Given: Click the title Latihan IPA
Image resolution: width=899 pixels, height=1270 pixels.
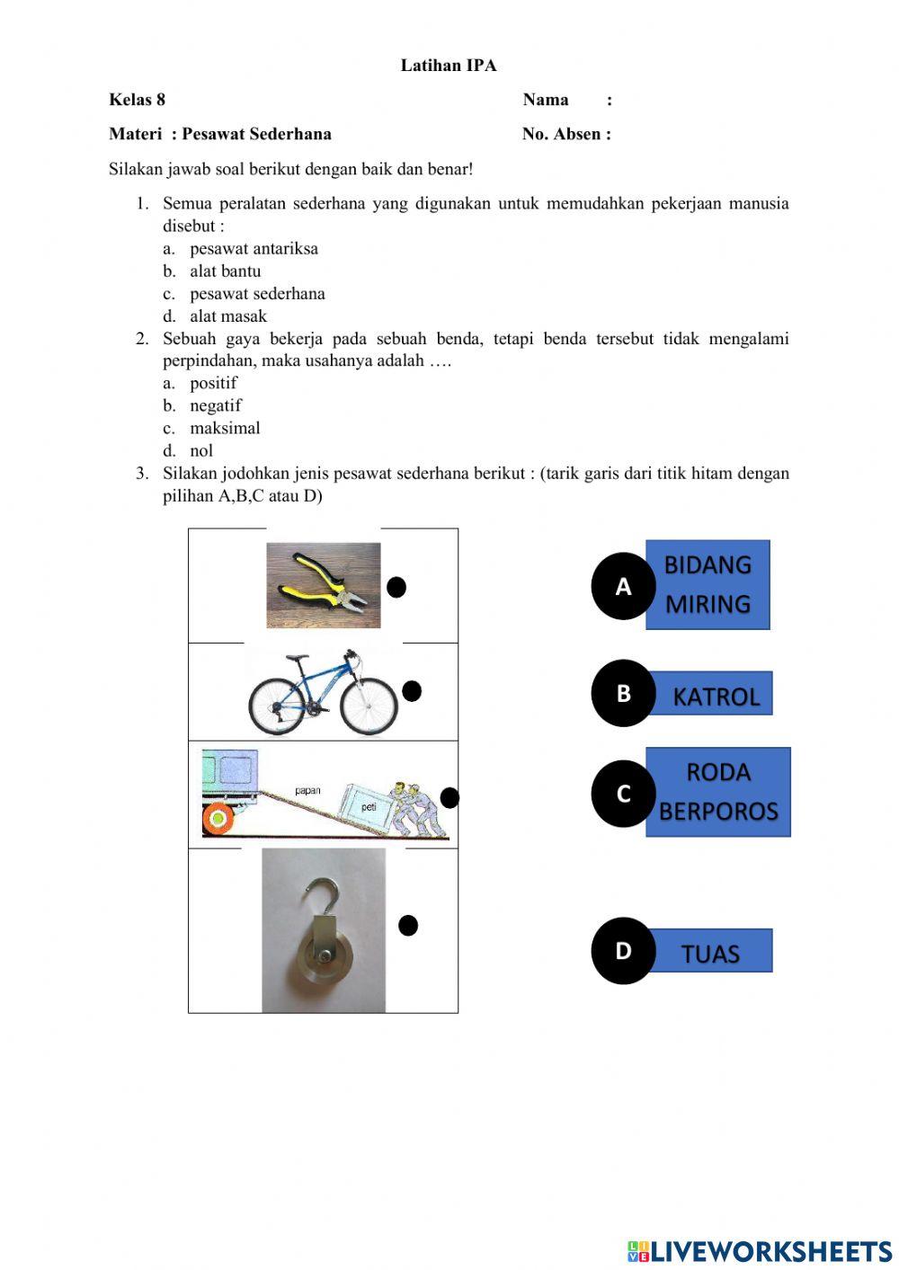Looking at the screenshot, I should pyautogui.click(x=449, y=66).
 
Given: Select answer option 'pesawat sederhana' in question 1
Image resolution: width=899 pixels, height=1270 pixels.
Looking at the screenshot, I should pyautogui.click(x=256, y=294).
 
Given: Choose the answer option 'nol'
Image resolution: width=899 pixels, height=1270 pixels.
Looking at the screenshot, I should pyautogui.click(x=200, y=451).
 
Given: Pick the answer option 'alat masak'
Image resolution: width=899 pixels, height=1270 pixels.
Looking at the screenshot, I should pyautogui.click(x=227, y=316).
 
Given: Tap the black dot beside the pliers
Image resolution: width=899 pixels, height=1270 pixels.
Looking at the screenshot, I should pyautogui.click(x=396, y=587).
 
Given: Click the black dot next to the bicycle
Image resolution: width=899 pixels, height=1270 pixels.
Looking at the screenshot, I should pyautogui.click(x=412, y=690).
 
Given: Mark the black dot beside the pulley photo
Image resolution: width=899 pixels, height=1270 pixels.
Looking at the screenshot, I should pyautogui.click(x=408, y=925).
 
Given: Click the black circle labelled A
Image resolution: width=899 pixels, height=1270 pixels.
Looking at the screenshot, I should pyautogui.click(x=623, y=587).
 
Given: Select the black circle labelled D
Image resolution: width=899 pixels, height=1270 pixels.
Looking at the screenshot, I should pyautogui.click(x=623, y=950).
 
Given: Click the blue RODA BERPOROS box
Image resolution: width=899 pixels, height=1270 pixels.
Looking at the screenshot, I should pyautogui.click(x=717, y=792).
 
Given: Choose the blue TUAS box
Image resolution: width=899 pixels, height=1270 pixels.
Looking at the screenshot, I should pyautogui.click(x=710, y=952).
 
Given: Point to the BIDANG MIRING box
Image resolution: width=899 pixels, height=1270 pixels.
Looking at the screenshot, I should pyautogui.click(x=708, y=584).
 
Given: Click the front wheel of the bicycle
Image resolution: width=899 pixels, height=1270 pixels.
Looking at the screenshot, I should pyautogui.click(x=369, y=705).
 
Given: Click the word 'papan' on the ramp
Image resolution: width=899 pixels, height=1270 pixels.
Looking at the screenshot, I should pyautogui.click(x=307, y=791).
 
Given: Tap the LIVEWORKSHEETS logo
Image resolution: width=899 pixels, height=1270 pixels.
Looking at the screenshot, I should pyautogui.click(x=760, y=1250).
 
